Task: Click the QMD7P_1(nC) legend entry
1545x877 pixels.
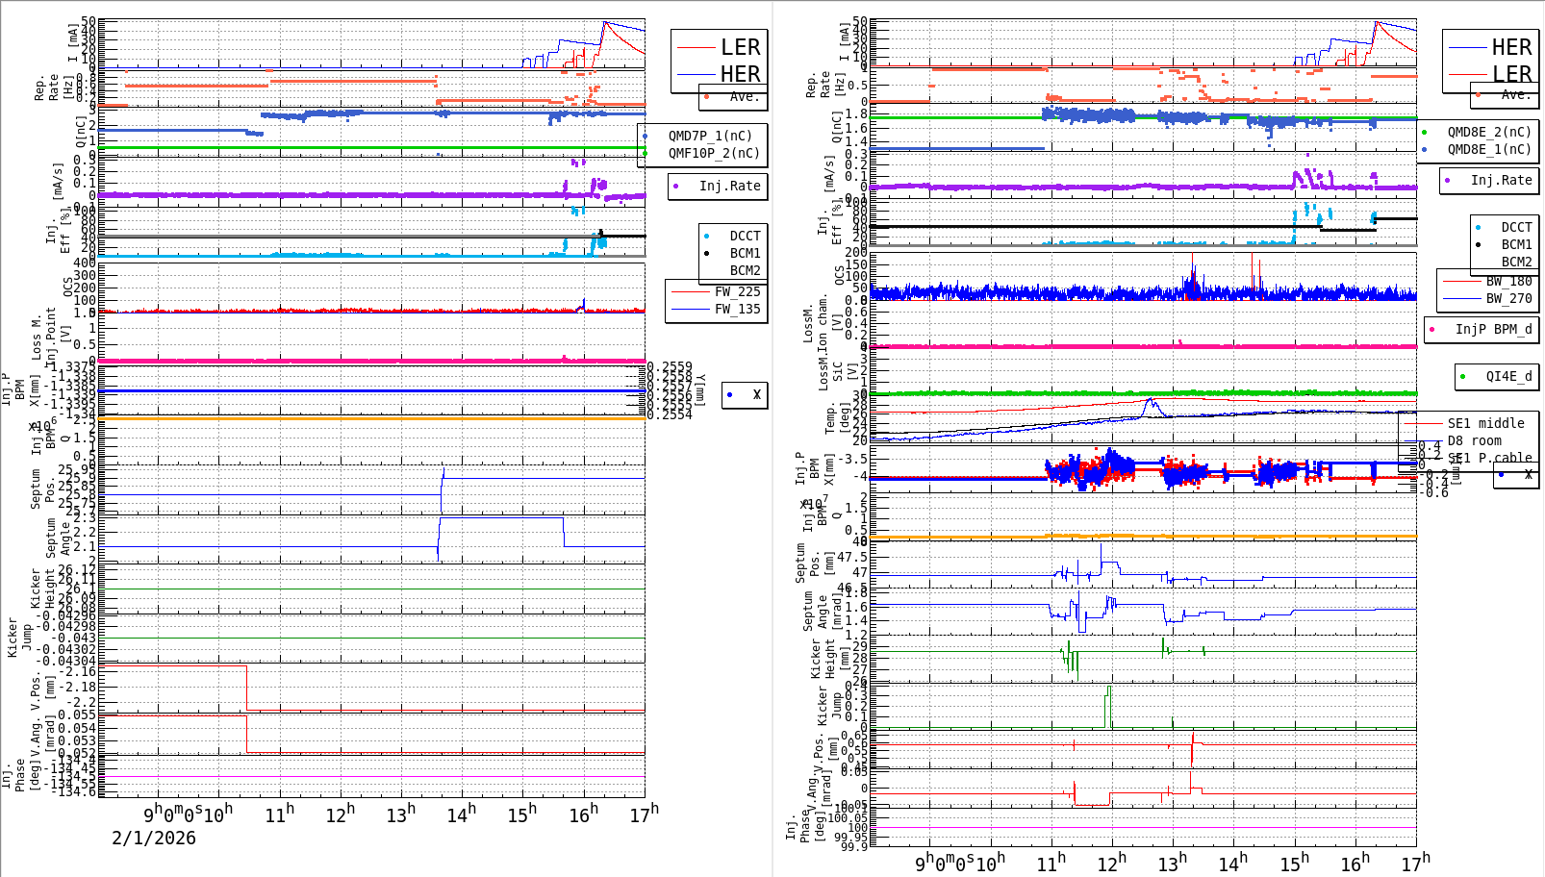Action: [x=710, y=136]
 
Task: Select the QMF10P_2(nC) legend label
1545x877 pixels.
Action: [x=713, y=153]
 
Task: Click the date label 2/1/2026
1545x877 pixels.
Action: [x=154, y=838]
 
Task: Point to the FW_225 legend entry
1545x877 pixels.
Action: [x=736, y=291]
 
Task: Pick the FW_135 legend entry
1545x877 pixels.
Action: [x=736, y=309]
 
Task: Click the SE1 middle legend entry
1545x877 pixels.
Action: [x=1485, y=423]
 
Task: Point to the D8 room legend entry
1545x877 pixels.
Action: [x=1474, y=440]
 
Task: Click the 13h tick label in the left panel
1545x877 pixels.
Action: [x=401, y=814]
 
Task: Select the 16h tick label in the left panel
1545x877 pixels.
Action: [x=583, y=814]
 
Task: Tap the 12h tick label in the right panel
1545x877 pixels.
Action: [x=1112, y=863]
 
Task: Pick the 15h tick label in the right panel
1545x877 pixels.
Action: [x=1295, y=863]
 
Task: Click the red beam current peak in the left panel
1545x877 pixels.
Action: [x=604, y=22]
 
